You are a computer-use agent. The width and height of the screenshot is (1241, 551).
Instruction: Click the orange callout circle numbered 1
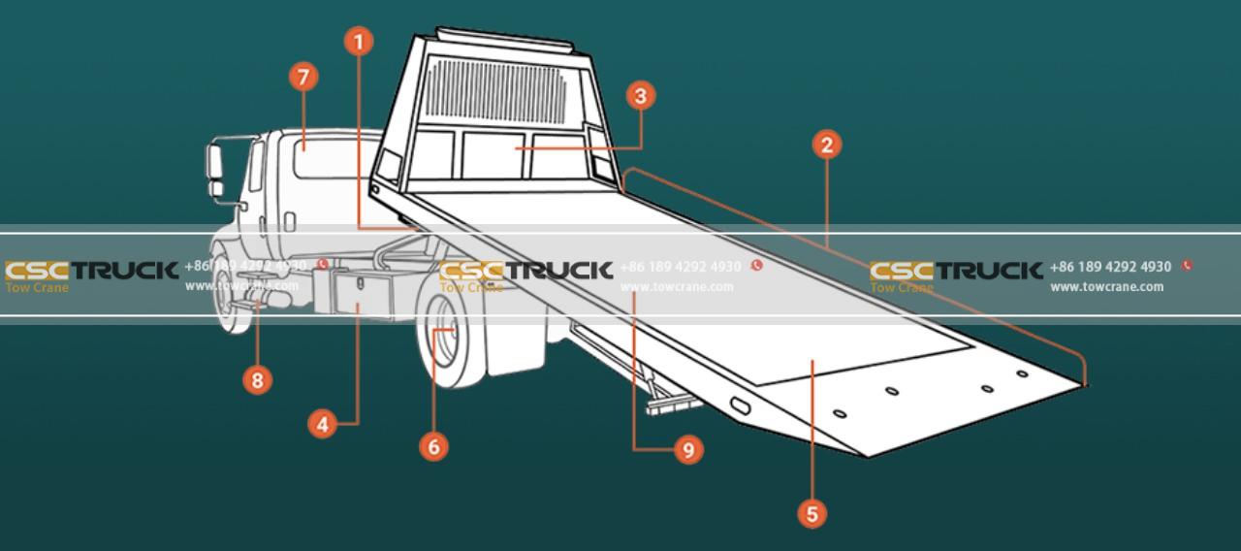coord(359,42)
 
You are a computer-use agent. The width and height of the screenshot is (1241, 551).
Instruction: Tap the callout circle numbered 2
coord(826,146)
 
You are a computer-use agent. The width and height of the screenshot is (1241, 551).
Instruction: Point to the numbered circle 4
coord(324,423)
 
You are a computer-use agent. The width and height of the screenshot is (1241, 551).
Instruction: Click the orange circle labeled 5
coord(812,512)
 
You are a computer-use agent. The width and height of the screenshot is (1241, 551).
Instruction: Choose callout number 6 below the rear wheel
coord(433,445)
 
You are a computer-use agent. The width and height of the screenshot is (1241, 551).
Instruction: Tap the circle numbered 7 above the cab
coord(303,79)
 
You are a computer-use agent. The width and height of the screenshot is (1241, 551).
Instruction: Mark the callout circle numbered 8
coord(257,379)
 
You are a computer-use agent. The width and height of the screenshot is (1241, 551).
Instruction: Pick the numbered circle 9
coord(687,450)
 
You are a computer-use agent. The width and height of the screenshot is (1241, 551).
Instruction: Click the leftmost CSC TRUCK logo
coord(91,270)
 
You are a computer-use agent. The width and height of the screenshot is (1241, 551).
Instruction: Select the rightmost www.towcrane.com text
coord(1106,287)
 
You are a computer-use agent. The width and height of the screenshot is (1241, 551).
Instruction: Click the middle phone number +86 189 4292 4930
coord(680,267)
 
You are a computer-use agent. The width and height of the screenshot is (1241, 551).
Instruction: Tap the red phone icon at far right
coord(1187,266)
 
